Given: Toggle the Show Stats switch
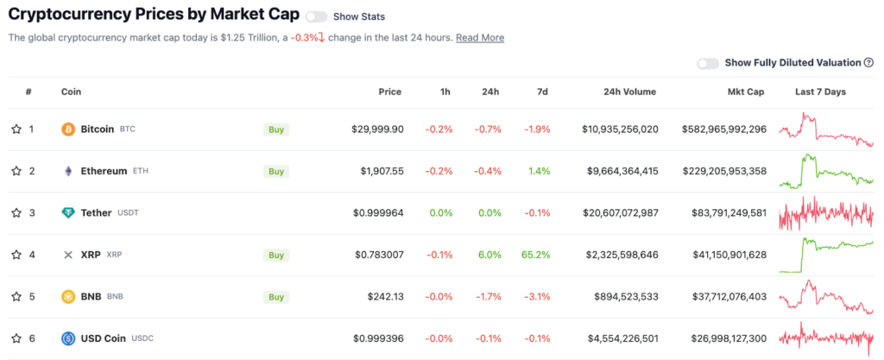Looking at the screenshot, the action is [316, 17].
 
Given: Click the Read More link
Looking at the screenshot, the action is [480, 38].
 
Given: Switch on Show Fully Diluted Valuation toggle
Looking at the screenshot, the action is [708, 63].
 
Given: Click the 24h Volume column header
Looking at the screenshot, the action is [629, 92].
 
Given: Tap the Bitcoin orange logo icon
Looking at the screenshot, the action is [67, 129].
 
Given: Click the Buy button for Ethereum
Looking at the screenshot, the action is [276, 171].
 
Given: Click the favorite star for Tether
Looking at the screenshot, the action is [16, 213].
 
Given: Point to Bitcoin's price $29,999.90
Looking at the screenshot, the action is [377, 129].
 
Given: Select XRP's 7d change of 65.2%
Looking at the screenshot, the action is [536, 255].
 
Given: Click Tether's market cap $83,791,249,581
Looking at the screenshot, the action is [729, 213].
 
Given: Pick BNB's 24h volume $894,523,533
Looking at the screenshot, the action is [626, 296].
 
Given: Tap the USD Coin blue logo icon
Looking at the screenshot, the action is [67, 338].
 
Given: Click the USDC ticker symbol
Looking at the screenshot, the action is [142, 338].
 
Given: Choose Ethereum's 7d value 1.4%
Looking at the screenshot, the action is [540, 171].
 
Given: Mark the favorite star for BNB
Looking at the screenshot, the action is [16, 296].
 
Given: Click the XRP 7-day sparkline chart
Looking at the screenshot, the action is [826, 256].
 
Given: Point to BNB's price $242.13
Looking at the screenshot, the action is [386, 296].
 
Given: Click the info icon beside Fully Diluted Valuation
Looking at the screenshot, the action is [868, 63].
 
